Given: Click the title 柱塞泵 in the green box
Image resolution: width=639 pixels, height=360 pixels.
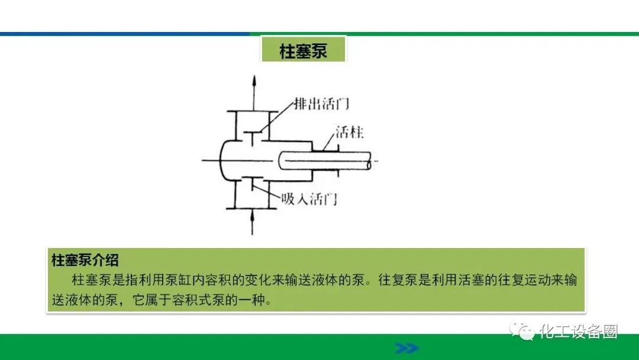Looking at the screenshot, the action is tap(303, 51).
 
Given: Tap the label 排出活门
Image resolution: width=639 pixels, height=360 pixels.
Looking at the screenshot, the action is tap(322, 105).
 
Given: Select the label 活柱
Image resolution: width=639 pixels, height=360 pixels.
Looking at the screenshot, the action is tap(349, 132).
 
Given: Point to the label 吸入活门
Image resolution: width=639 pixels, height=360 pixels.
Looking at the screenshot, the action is tap(309, 198).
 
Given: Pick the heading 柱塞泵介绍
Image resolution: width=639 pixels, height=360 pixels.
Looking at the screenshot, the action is tap(85, 260).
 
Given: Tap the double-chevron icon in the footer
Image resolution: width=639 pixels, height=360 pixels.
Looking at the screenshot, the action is tap(406, 348).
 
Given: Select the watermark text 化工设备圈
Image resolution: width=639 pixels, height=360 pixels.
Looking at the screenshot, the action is tap(579, 332).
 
